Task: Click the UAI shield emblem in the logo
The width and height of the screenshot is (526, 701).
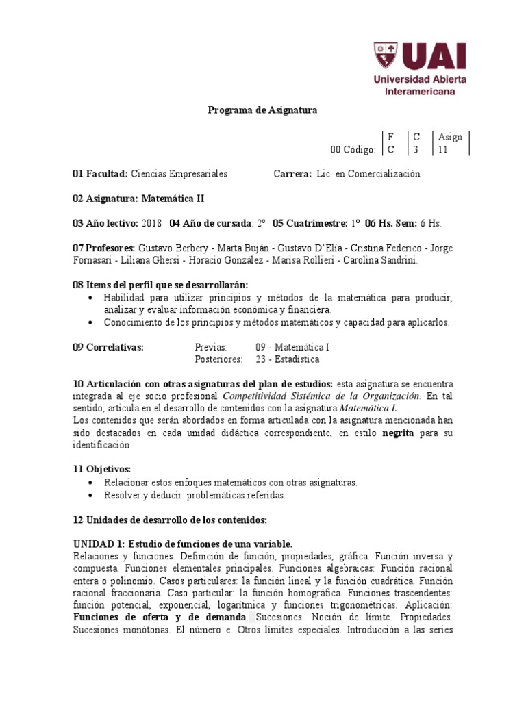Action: tap(386, 56)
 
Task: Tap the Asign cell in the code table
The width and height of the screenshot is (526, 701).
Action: tap(450, 137)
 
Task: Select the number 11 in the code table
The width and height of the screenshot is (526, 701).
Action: tap(443, 150)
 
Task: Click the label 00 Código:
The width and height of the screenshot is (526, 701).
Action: tap(353, 150)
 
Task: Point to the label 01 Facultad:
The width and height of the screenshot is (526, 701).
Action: tap(100, 174)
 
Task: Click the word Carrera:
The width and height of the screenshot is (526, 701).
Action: tap(293, 174)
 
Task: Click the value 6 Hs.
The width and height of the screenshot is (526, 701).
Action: tap(431, 223)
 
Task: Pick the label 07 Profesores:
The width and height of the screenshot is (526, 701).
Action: tap(103, 248)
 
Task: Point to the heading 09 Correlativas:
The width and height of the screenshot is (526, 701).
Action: tap(108, 347)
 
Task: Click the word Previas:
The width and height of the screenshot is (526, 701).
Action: tap(211, 347)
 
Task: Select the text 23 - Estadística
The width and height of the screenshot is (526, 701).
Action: tap(287, 359)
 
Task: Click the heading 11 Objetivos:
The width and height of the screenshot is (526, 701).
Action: tap(101, 470)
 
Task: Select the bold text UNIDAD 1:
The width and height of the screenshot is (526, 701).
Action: tap(99, 544)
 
